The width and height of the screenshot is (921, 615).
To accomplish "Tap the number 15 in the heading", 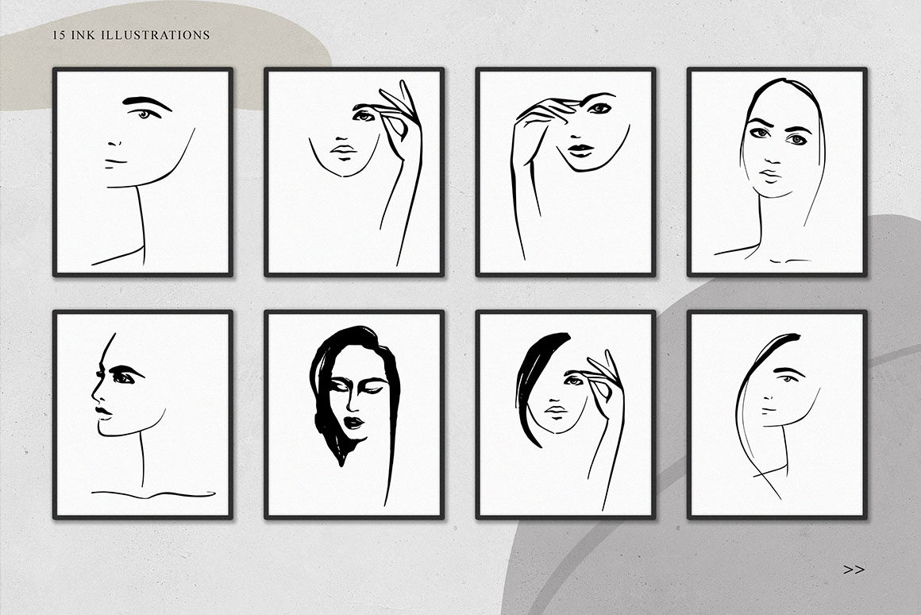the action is coord(58,35).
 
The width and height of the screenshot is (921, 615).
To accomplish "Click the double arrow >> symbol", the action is coord(854,569).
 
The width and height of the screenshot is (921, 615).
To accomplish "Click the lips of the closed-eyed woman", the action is coord(354,423).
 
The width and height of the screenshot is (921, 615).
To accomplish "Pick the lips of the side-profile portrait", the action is coord(102,412).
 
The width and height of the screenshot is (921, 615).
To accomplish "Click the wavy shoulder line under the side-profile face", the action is coord(153,493).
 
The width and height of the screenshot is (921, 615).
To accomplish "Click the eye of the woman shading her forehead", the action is coord(599,108).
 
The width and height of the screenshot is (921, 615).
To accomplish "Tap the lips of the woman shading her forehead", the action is coord(580,150).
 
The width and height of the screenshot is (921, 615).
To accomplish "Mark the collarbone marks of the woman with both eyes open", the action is coord(791,260).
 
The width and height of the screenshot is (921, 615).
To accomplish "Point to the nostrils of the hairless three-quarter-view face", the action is coord(116,143).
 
